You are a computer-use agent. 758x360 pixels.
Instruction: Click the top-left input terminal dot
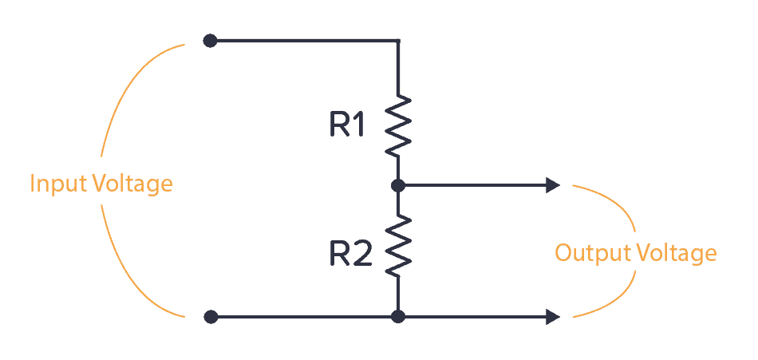pyautogui.click(x=210, y=40)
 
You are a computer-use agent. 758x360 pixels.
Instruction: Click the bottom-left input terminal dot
pyautogui.click(x=211, y=317)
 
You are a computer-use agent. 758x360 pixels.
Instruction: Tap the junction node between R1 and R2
pyautogui.click(x=398, y=185)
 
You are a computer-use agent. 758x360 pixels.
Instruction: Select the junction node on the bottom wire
pyautogui.click(x=398, y=317)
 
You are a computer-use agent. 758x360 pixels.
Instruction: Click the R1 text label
pyautogui.click(x=349, y=125)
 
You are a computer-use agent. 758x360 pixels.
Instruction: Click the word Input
pyautogui.click(x=58, y=184)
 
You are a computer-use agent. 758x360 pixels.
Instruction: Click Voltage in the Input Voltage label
pyautogui.click(x=132, y=184)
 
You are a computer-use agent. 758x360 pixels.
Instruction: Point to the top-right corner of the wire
pyautogui.click(x=398, y=40)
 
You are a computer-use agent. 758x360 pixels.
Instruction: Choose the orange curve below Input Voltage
pyautogui.click(x=120, y=263)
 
